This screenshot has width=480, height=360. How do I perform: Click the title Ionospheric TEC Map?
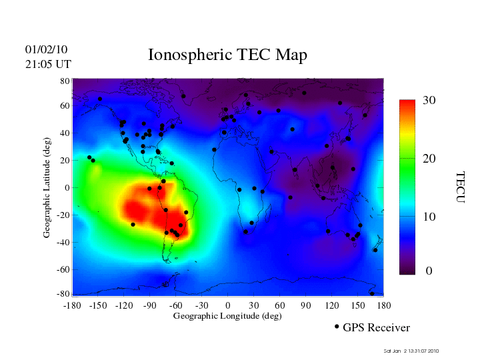227,55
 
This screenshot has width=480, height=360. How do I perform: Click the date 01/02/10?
46,50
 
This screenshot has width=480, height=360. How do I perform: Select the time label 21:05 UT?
47,64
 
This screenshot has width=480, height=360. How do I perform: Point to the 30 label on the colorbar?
429,101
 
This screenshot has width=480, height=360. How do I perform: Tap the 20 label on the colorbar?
429,159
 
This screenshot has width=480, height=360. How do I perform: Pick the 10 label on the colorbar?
429,217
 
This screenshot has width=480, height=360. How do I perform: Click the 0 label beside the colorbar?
429,271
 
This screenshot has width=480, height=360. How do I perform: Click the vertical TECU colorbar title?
459,187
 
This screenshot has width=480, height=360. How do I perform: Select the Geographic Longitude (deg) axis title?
227,316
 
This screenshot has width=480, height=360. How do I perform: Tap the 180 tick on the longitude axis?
383,305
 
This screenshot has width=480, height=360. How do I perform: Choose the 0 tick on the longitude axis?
228,305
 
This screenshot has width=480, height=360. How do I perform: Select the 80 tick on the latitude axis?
65,81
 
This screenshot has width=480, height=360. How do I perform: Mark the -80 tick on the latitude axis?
63,294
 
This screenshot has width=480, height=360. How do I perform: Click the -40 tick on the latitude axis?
63,242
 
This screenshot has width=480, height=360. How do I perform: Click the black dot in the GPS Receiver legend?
337,327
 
